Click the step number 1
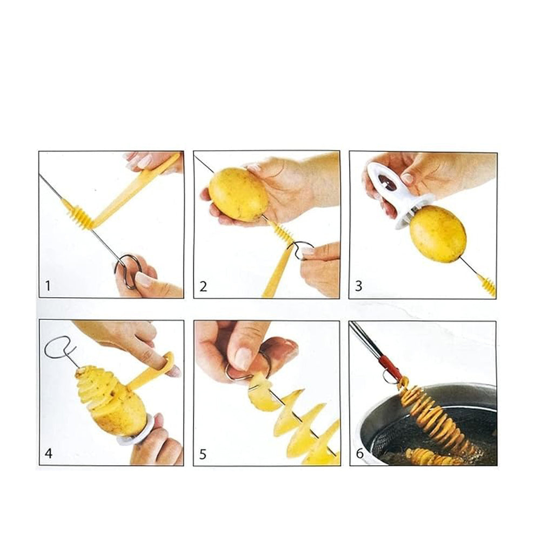[x=48, y=285]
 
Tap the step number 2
[x=203, y=286]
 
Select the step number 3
[x=358, y=286]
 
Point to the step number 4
[x=49, y=453]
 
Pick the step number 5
[x=203, y=454]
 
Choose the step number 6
[x=359, y=453]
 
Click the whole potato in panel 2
[x=238, y=194]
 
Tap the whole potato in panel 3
[x=438, y=233]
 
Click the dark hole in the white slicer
[x=387, y=183]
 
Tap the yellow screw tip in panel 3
[x=487, y=285]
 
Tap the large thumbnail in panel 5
[x=243, y=359]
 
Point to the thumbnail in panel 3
[x=407, y=178]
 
